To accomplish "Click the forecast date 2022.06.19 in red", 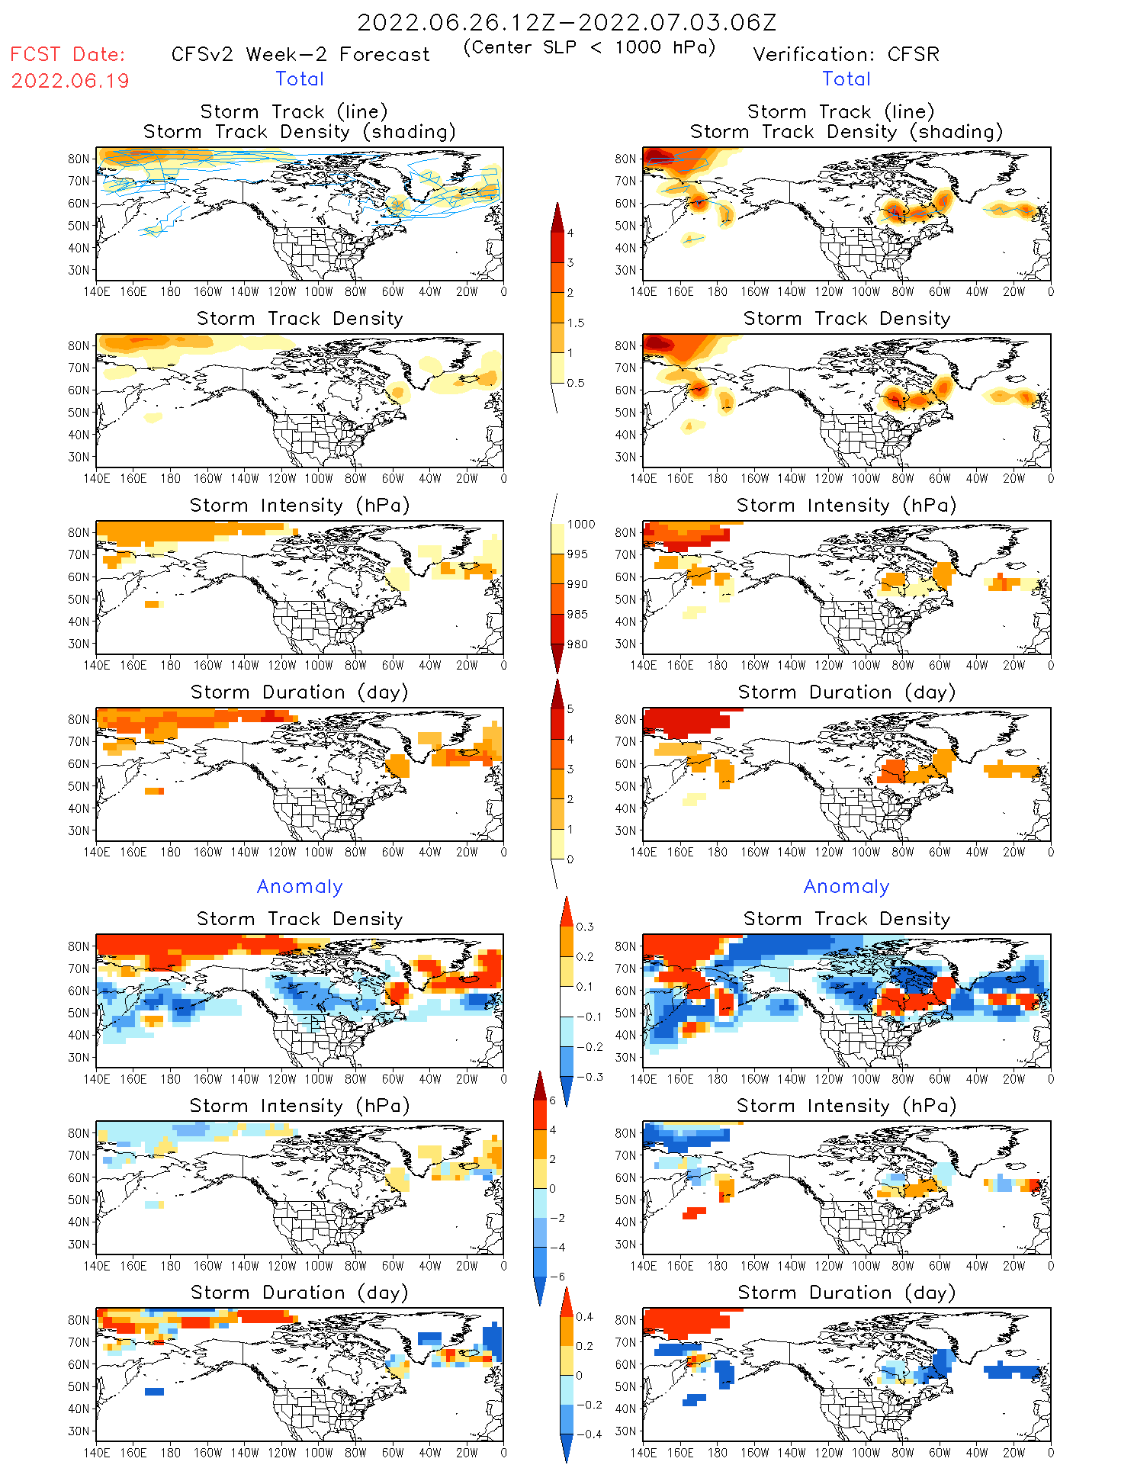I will [x=70, y=81].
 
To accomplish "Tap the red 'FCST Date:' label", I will [x=67, y=54].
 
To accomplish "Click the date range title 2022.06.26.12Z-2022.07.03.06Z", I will [x=567, y=22].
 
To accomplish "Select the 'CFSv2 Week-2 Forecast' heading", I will [x=300, y=54].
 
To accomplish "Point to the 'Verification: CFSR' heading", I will [x=846, y=54].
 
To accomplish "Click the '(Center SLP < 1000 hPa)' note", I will [x=589, y=47].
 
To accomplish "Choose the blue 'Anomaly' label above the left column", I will [x=300, y=886].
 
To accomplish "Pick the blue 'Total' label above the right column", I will [x=846, y=79].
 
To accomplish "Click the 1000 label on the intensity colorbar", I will [x=580, y=524].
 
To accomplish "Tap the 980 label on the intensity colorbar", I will [x=577, y=644].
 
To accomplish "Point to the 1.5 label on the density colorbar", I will [x=576, y=323].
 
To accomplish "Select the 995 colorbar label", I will [x=577, y=554].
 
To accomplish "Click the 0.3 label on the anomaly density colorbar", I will [x=585, y=927].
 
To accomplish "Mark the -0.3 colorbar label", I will [x=589, y=1077].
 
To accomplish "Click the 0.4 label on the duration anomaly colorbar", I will [x=585, y=1316].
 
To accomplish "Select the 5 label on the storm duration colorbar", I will [x=570, y=708].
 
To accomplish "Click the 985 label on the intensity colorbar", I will [x=577, y=615].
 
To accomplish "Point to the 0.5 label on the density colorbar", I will [x=576, y=383].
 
